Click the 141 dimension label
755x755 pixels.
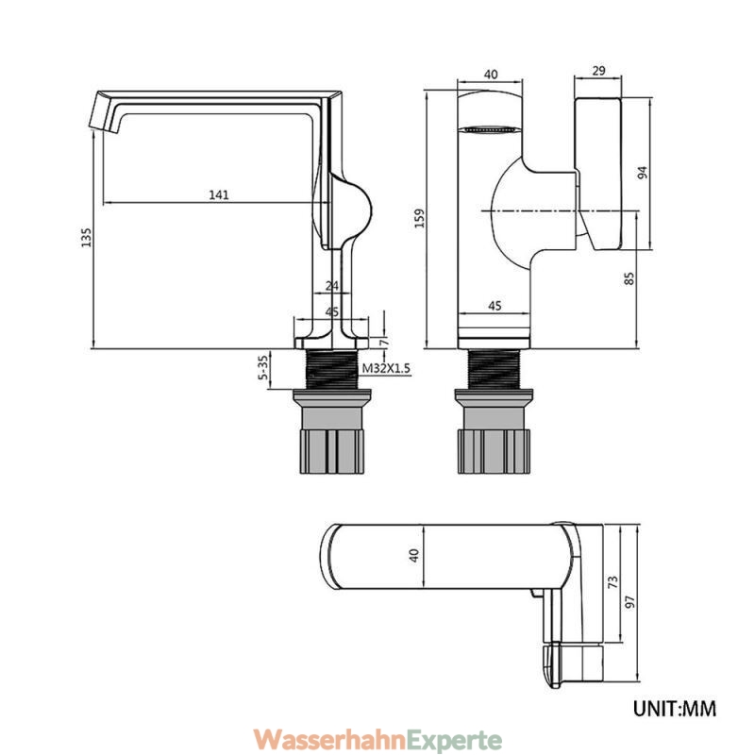click(x=219, y=195)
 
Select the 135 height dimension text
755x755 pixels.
click(x=86, y=238)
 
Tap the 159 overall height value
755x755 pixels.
click(x=420, y=218)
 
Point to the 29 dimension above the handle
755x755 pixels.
click(x=598, y=71)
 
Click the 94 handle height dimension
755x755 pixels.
click(x=643, y=173)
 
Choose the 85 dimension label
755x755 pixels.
click(x=629, y=278)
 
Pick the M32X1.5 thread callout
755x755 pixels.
click(x=386, y=368)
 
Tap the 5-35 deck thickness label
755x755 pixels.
click(x=263, y=368)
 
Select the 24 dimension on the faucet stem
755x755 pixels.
click(x=332, y=286)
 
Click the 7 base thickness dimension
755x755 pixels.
click(x=384, y=343)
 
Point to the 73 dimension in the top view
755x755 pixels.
click(x=612, y=582)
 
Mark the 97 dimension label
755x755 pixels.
click(x=629, y=602)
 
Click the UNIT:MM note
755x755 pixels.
click(x=675, y=709)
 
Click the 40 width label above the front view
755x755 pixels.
click(x=491, y=75)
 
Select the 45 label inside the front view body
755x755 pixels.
click(x=495, y=306)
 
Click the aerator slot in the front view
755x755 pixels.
click(x=490, y=129)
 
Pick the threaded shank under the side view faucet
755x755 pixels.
click(x=332, y=368)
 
